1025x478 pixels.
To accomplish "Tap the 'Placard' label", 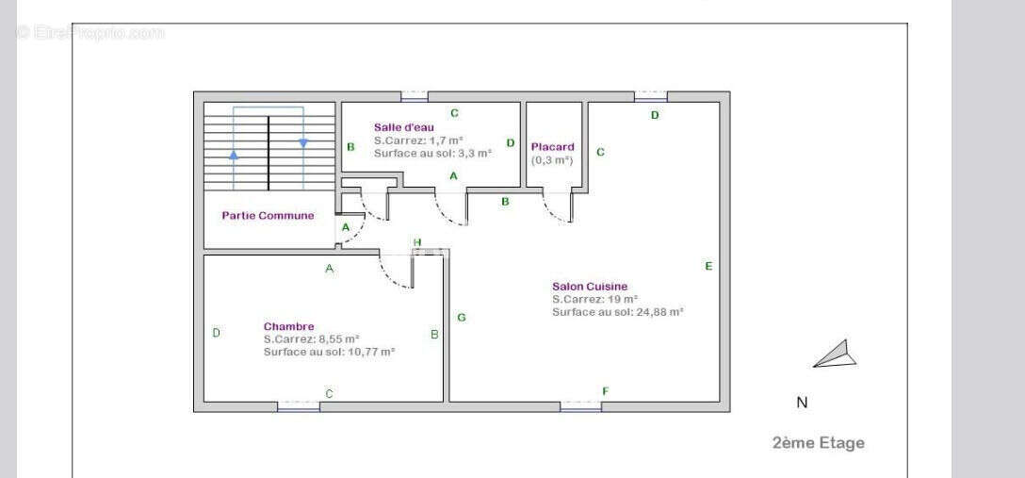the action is pyautogui.click(x=552, y=147).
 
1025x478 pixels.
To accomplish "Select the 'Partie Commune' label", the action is pyautogui.click(x=268, y=215).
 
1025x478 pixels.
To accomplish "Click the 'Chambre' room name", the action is pyautogui.click(x=289, y=326).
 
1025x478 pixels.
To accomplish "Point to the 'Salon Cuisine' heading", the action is pyautogui.click(x=590, y=287).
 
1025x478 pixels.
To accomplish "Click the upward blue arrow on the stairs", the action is pyautogui.click(x=234, y=155).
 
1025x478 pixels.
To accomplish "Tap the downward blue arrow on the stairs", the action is pyautogui.click(x=303, y=142).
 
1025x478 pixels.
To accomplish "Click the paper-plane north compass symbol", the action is pyautogui.click(x=836, y=354).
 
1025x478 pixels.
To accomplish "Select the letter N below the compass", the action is pyautogui.click(x=802, y=403).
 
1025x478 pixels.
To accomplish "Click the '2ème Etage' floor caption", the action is pyautogui.click(x=819, y=443).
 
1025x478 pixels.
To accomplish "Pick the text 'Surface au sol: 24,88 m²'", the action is pyautogui.click(x=618, y=313).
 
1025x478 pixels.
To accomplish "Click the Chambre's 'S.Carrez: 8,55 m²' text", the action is pyautogui.click(x=312, y=338).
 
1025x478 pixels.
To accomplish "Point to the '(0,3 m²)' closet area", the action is pyautogui.click(x=552, y=160).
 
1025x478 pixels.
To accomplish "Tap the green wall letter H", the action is pyautogui.click(x=417, y=242).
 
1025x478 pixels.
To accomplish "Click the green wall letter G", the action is pyautogui.click(x=462, y=318).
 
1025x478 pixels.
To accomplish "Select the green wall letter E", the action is pyautogui.click(x=708, y=266).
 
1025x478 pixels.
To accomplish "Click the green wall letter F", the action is pyautogui.click(x=606, y=391).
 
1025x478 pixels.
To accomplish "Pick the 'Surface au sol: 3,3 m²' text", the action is pyautogui.click(x=432, y=154).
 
